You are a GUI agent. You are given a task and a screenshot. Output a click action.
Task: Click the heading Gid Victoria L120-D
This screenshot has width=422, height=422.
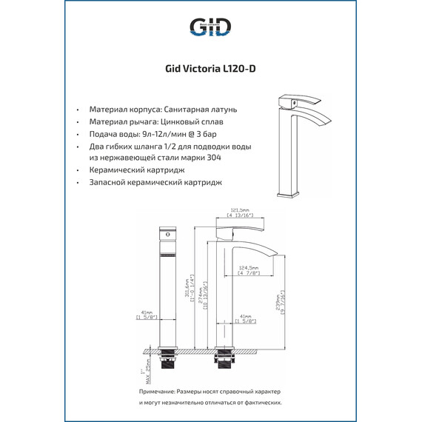(210, 70)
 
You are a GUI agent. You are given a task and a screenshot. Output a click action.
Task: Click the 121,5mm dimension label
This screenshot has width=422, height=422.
(238, 209)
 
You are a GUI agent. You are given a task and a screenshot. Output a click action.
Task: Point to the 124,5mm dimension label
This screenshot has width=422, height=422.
(247, 268)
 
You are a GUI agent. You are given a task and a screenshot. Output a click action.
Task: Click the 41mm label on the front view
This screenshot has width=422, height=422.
(147, 313)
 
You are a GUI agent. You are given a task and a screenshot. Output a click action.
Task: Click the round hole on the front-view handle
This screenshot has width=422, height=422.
(166, 235)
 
